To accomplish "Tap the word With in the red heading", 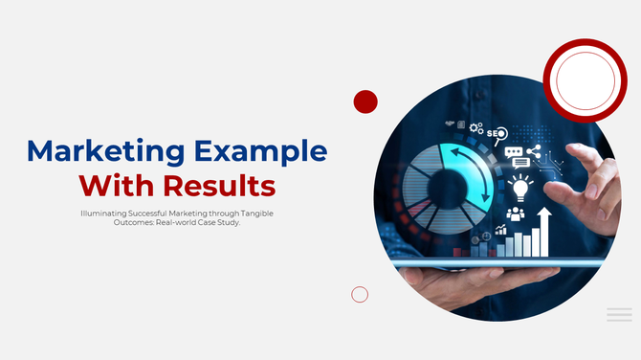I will (x=115, y=183).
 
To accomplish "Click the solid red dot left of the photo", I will (x=365, y=101).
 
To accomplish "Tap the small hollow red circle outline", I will (x=360, y=294).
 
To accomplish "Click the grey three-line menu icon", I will (x=619, y=314).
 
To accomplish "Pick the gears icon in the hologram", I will (x=475, y=126).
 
